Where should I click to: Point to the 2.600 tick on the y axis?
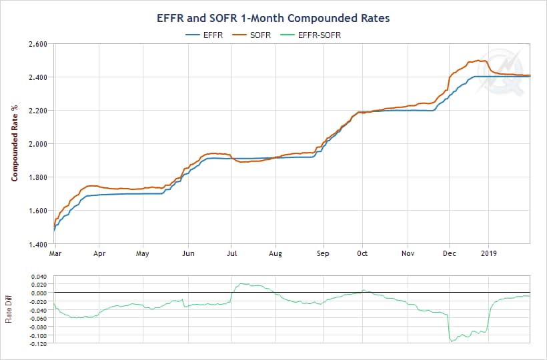tap(37, 44)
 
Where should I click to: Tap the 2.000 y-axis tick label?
tap(37, 144)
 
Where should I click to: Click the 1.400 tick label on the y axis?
tap(37, 244)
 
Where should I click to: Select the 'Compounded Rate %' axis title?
tap(13, 144)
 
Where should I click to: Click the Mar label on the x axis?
tap(56, 254)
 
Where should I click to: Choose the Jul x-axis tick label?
tap(233, 254)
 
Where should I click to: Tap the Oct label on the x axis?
tap(362, 254)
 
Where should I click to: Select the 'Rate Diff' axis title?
tap(9, 309)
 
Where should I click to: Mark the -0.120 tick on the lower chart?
tap(39, 343)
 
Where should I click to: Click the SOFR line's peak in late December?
tap(478, 61)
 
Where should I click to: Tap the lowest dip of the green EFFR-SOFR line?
tap(452, 341)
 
